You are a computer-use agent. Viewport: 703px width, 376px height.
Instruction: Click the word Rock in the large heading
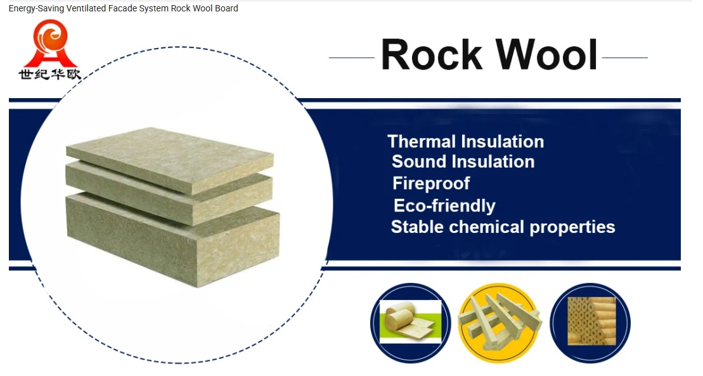pyautogui.click(x=431, y=54)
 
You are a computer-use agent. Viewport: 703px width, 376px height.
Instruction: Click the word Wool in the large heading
pyautogui.click(x=546, y=54)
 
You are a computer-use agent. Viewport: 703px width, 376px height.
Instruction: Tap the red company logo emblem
pyautogui.click(x=50, y=43)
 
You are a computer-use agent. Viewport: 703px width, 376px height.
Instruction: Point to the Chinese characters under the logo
pyautogui.click(x=50, y=74)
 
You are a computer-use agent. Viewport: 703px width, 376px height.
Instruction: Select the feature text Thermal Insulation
pyautogui.click(x=465, y=141)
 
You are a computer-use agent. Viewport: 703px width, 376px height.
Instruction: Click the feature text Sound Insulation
pyautogui.click(x=463, y=161)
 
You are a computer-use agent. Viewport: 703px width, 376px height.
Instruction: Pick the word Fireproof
pyautogui.click(x=431, y=184)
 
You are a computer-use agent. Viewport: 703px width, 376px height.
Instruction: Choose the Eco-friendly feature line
pyautogui.click(x=444, y=206)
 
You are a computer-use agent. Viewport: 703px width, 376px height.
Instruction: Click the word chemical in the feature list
pyautogui.click(x=486, y=227)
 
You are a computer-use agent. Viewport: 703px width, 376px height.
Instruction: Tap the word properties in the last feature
pyautogui.click(x=572, y=227)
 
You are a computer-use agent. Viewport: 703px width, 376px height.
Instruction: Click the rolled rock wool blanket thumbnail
pyautogui.click(x=410, y=322)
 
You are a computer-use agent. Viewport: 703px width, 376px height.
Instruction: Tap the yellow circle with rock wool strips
pyautogui.click(x=499, y=323)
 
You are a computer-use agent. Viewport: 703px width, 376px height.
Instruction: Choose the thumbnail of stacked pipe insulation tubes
pyautogui.click(x=590, y=323)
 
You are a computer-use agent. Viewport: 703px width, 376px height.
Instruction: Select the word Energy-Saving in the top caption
pyautogui.click(x=36, y=8)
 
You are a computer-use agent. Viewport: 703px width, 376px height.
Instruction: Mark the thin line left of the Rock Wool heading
pyautogui.click(x=351, y=58)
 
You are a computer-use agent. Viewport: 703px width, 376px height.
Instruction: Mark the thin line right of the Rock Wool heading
pyautogui.click(x=625, y=58)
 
